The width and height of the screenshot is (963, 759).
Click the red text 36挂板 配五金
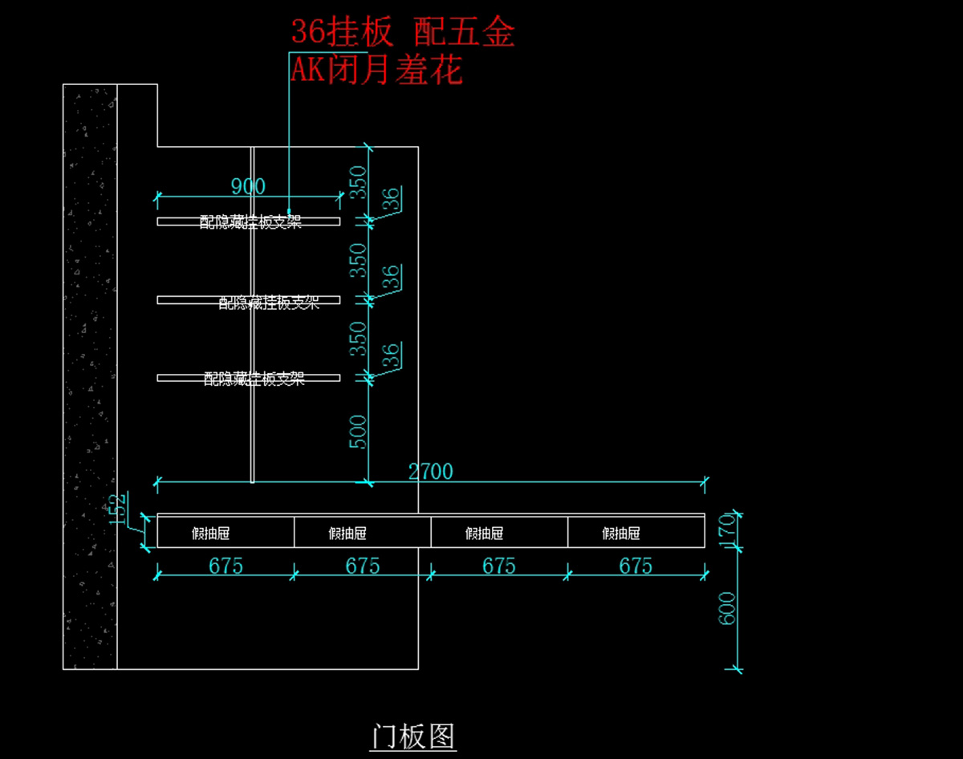402,33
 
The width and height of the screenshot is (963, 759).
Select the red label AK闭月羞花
376,71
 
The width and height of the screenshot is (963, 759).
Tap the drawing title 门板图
412,736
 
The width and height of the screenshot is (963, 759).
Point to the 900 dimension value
248,187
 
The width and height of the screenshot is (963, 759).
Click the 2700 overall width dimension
431,472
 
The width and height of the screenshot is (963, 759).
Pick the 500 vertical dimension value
359,432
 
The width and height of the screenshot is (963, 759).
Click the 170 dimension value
729,529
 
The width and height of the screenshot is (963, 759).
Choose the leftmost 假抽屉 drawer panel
226,533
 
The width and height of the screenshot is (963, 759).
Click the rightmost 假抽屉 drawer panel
636,533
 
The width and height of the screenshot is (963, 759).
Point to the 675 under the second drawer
363,566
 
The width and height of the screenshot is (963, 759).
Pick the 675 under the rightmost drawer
636,566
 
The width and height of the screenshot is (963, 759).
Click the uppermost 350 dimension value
360,182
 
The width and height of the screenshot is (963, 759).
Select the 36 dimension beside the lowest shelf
391,355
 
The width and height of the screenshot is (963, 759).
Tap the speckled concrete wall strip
90,377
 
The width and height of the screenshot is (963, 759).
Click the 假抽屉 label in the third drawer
484,534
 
